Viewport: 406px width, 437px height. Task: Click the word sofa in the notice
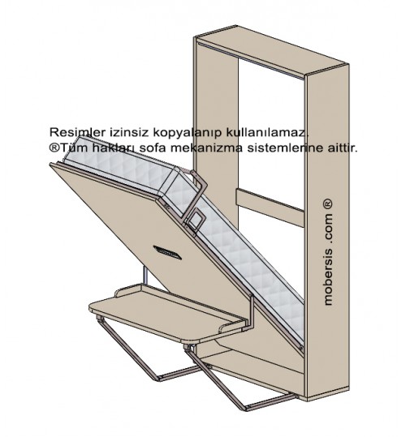(152, 148)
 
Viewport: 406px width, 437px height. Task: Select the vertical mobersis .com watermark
(328, 251)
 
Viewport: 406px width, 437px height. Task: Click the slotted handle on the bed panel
(167, 252)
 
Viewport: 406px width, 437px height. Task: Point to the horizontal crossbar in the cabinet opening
(270, 208)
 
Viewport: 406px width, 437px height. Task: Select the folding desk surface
(167, 314)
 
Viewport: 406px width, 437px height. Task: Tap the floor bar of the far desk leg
(179, 373)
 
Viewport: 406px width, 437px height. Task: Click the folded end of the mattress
(179, 191)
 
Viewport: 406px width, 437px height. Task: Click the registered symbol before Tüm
(54, 148)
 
